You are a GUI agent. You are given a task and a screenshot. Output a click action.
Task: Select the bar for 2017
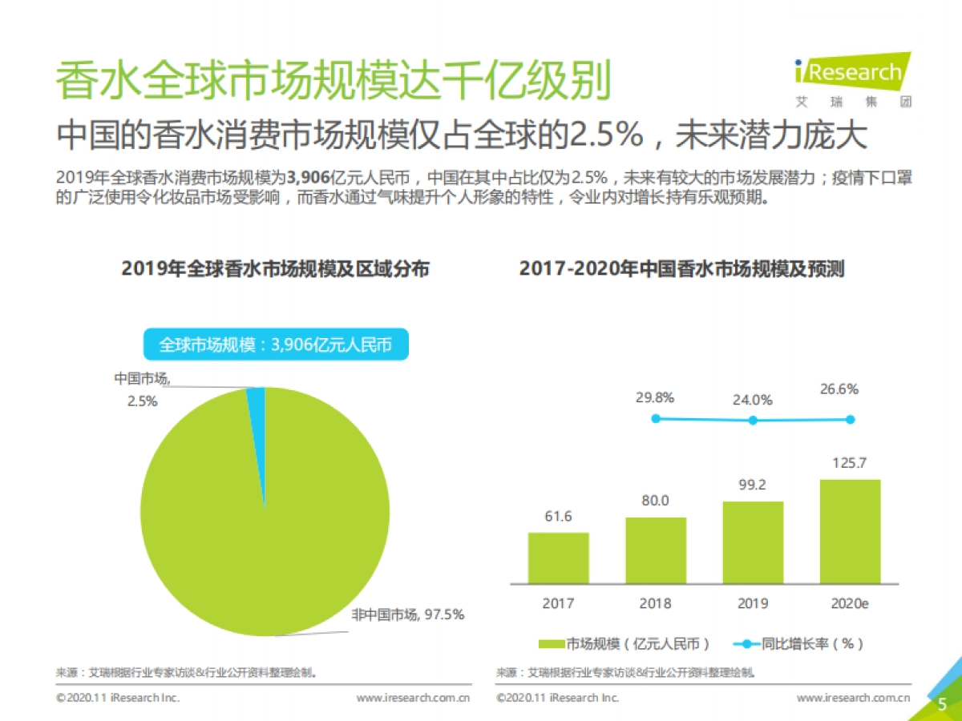[x=558, y=558]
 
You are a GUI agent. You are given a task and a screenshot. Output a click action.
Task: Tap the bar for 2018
[x=656, y=550]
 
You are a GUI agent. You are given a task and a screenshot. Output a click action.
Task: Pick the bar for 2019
[x=753, y=542]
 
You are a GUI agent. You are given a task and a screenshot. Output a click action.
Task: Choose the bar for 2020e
[x=850, y=531]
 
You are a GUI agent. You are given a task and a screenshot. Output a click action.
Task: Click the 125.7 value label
[x=850, y=463]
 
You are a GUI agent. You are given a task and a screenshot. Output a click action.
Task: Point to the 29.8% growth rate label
[x=655, y=397]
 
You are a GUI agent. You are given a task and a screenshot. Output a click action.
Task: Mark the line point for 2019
[x=753, y=421]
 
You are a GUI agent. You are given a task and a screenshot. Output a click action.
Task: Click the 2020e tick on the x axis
[x=850, y=603]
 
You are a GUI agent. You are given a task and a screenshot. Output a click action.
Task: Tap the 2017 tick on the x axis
[x=558, y=603]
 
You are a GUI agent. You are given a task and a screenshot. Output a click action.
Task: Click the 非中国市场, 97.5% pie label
[x=408, y=614]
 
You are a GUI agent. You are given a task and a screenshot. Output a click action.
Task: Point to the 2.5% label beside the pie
[x=142, y=401]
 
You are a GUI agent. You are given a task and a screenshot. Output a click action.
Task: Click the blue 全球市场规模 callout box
[x=275, y=344]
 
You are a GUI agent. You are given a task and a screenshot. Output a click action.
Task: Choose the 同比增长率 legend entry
[x=798, y=643]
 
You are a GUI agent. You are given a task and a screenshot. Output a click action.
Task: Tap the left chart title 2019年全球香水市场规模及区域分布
[x=275, y=268]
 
